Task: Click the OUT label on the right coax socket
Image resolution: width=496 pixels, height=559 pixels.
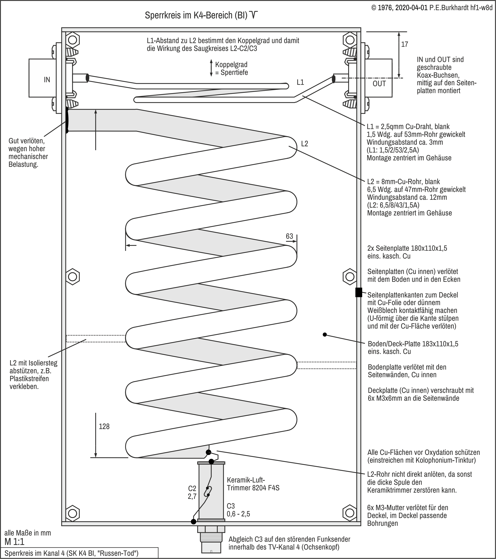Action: [379, 84]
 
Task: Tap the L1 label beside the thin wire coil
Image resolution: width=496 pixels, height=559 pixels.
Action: [300, 82]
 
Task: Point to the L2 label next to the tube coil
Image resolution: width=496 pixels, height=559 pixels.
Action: [304, 144]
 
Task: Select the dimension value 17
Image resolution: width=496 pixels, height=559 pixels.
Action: [404, 44]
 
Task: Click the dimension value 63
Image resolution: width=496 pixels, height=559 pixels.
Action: [289, 236]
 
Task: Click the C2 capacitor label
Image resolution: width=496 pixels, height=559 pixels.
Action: [192, 489]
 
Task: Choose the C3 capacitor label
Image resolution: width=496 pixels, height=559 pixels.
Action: [231, 506]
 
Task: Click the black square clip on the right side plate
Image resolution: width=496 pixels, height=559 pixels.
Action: [359, 292]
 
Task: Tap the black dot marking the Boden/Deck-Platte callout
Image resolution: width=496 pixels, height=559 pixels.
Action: [325, 335]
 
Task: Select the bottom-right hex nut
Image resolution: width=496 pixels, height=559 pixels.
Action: [350, 512]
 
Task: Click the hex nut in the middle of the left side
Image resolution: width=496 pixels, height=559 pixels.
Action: [72, 277]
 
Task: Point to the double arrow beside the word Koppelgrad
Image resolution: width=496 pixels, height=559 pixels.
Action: [211, 68]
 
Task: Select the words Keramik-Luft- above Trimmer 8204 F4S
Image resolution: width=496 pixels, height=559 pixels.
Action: [246, 480]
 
